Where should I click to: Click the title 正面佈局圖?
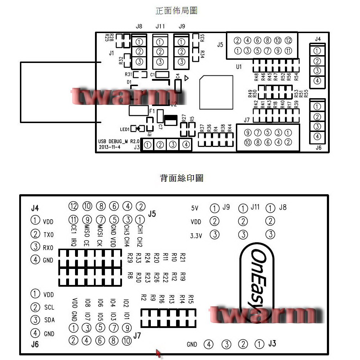tap(176, 11)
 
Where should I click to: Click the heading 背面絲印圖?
tap(181, 178)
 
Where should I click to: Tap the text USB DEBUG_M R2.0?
tap(119, 141)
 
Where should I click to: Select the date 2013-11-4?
tap(108, 147)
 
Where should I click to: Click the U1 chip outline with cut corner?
tap(216, 92)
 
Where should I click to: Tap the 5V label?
tap(195, 208)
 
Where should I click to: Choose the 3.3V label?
tap(196, 235)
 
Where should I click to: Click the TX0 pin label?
tap(48, 235)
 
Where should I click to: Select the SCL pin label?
tap(49, 307)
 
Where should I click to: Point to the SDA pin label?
tap(49, 320)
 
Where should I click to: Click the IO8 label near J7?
tap(87, 303)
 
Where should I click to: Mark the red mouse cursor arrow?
tap(158, 353)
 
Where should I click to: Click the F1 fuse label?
tap(152, 111)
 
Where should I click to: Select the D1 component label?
tap(129, 82)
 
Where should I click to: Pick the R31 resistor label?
tap(128, 74)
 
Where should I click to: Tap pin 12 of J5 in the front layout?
tap(288, 41)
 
